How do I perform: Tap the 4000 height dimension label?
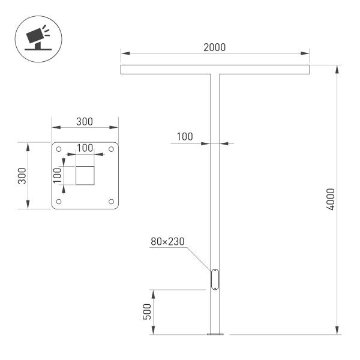(x=330, y=199)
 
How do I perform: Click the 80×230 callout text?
(x=167, y=242)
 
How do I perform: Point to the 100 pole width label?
(x=185, y=137)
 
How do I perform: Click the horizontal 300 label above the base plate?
(x=85, y=121)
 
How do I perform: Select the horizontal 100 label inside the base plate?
(x=85, y=148)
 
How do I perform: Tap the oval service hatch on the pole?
(x=215, y=280)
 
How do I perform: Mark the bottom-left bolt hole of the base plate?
(x=59, y=202)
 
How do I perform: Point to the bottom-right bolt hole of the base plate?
(x=110, y=202)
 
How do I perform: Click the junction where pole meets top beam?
(x=215, y=74)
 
